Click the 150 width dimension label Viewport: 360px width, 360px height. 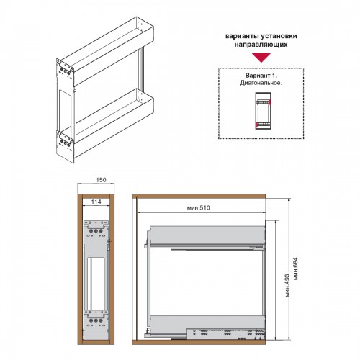point(101,180)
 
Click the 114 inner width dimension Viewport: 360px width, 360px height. point(96,202)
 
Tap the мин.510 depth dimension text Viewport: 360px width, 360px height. point(198,207)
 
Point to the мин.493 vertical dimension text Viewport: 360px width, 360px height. point(287,286)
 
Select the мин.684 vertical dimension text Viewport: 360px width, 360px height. point(295,269)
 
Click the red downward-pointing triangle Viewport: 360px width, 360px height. point(261,58)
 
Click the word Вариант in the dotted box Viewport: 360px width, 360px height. point(258,76)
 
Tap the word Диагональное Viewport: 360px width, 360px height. point(261,83)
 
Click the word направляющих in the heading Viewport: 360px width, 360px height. point(261,45)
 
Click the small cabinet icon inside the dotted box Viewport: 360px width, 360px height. point(263,111)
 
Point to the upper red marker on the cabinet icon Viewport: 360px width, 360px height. point(269,102)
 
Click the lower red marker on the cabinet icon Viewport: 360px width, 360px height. point(256,125)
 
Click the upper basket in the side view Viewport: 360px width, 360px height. point(207,235)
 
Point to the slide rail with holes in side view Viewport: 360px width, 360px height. point(225,333)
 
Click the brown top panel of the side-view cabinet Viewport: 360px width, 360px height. point(199,196)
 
